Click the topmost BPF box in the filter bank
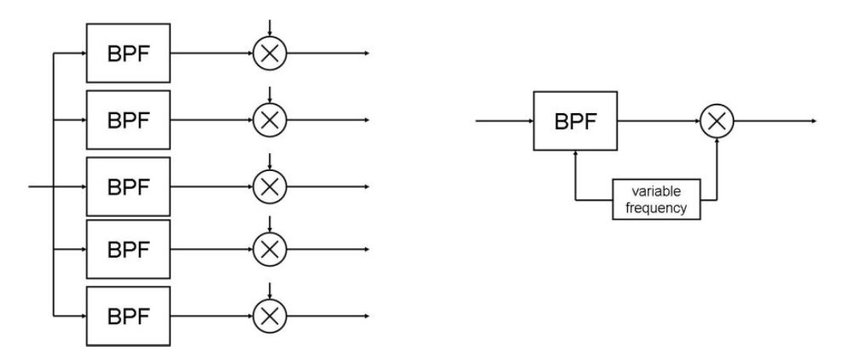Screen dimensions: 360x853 pos(127,54)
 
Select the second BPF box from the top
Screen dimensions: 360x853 pos(127,119)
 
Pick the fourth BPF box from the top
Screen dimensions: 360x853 pos(127,251)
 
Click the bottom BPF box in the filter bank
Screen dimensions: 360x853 pos(127,316)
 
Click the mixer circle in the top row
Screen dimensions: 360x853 pos(270,54)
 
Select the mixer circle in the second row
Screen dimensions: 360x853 pos(270,119)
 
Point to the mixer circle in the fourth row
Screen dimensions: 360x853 pos(270,251)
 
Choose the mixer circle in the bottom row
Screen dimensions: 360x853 pos(270,316)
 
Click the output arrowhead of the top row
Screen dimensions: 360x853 pos(365,54)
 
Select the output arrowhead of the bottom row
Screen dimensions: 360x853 pos(365,316)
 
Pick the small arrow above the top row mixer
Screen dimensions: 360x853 pos(270,32)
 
